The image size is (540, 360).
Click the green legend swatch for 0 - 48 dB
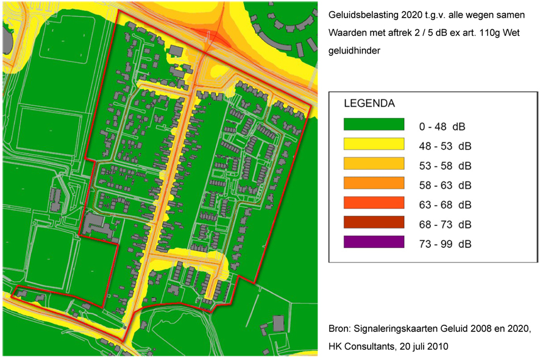coord(374,125)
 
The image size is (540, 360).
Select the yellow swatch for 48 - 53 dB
coord(374,144)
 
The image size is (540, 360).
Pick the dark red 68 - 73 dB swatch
coord(374,222)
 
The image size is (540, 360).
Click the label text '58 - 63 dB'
coord(445,185)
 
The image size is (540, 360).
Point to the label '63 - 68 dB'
coord(445,204)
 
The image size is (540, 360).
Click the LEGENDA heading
coord(369,103)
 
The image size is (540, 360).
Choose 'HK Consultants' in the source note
coord(361,346)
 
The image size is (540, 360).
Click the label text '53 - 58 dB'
coord(445,165)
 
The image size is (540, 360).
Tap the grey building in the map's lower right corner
coord(278,323)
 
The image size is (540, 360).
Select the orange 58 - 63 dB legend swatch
coord(374,183)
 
